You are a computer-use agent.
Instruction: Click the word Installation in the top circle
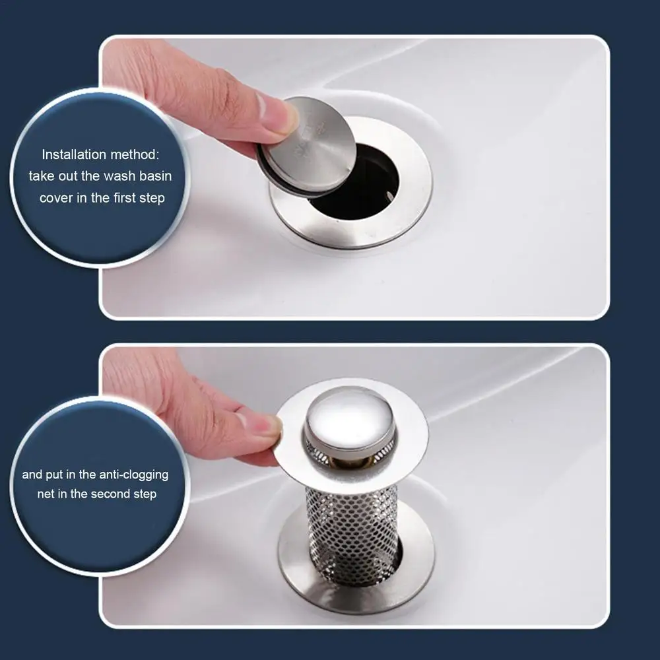click(73, 155)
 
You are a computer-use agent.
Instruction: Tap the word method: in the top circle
click(135, 155)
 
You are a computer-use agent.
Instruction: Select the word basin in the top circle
click(152, 176)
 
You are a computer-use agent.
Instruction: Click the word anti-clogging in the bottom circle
click(134, 475)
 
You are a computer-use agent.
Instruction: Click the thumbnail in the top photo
click(271, 112)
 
